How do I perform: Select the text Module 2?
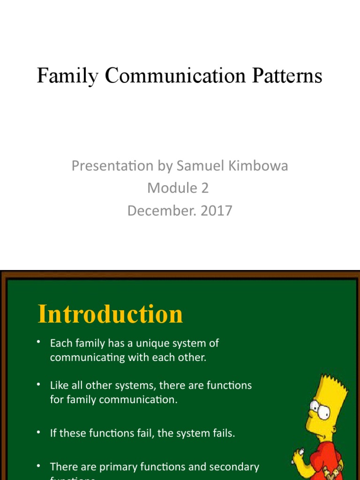[x=178, y=188]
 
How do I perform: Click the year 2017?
[x=217, y=211]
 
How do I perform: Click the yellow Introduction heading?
[x=110, y=314]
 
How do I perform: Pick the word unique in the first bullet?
[x=144, y=343]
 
